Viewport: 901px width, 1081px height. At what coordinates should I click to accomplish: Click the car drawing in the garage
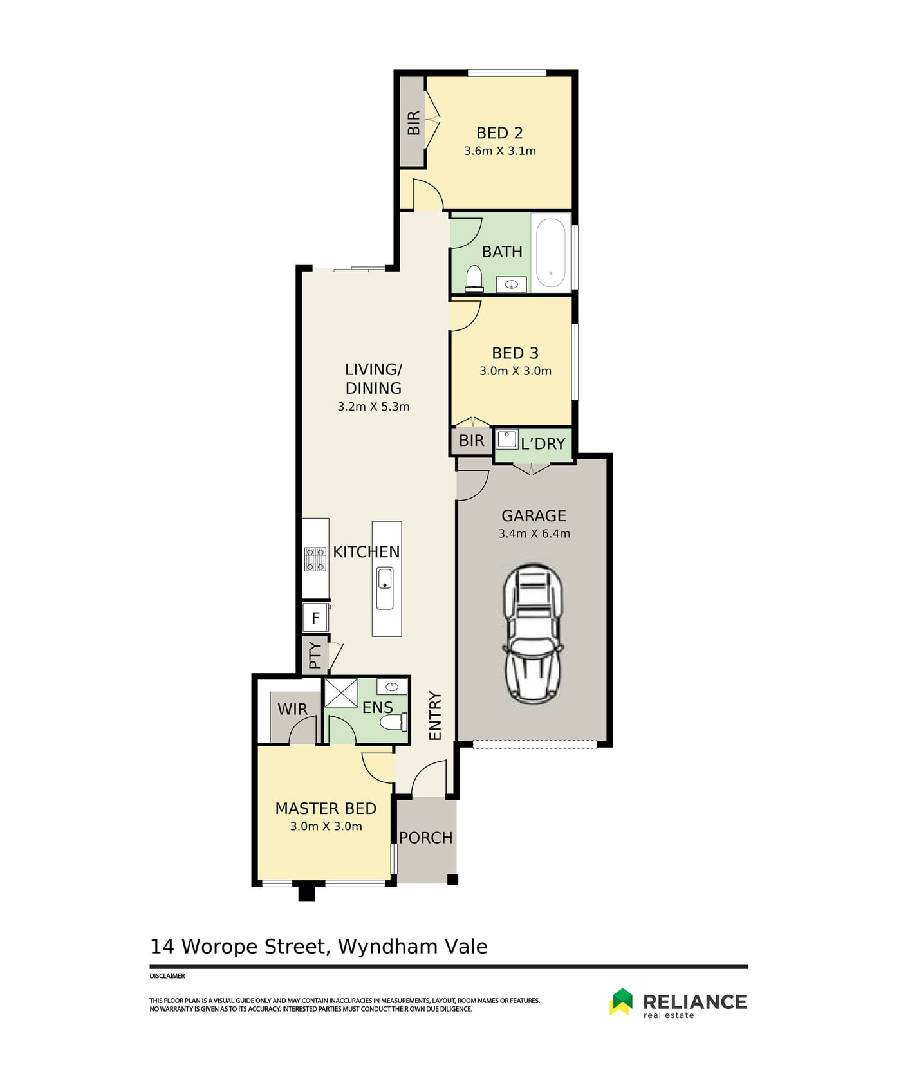[534, 634]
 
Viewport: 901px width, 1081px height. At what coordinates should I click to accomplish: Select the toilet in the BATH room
[474, 279]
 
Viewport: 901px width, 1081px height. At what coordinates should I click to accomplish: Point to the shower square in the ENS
[340, 692]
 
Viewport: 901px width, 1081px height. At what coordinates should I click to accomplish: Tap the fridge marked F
[315, 618]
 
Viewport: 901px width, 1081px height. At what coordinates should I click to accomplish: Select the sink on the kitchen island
[385, 587]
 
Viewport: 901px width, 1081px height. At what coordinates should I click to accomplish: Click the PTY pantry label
[315, 655]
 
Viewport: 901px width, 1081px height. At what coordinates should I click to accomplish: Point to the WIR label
[292, 709]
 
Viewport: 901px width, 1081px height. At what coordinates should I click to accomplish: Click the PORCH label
[425, 838]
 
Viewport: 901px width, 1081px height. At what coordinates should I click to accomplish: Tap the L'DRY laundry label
[543, 444]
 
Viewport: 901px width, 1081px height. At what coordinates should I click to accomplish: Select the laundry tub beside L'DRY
[507, 439]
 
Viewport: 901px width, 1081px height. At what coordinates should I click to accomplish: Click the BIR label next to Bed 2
[413, 122]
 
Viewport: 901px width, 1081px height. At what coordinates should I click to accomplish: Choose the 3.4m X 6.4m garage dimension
[534, 533]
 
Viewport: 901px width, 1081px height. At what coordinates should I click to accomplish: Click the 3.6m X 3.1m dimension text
[500, 151]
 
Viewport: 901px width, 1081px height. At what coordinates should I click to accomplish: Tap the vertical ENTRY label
[435, 716]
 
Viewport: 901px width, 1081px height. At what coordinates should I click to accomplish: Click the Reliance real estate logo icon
[621, 1001]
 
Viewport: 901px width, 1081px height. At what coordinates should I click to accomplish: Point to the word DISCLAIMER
[167, 976]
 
